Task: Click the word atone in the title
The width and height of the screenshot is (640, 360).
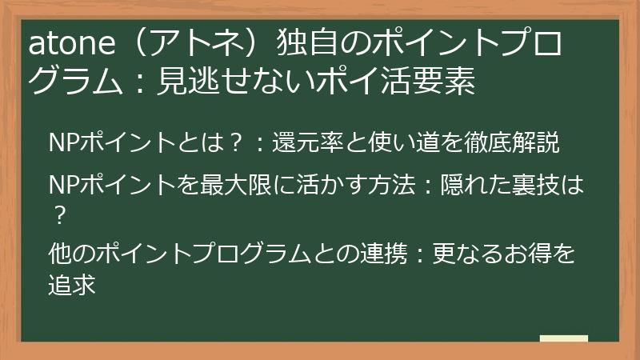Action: click(63, 44)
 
